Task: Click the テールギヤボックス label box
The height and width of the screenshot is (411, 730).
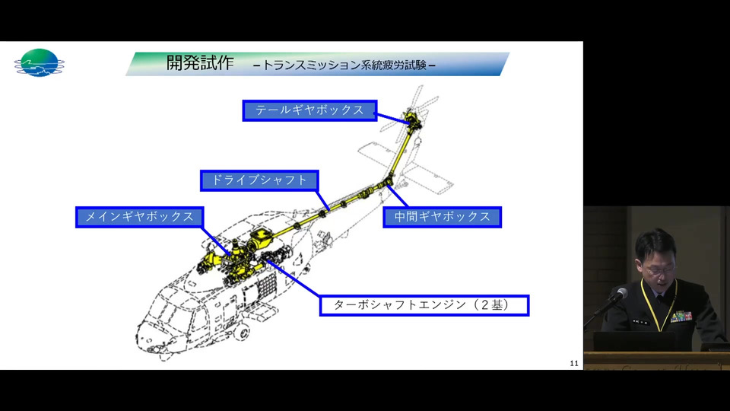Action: tap(309, 110)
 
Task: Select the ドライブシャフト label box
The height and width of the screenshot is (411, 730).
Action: tap(259, 180)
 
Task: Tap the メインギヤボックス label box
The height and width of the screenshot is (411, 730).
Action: tap(140, 217)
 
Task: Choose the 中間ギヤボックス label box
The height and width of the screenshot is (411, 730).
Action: tap(443, 217)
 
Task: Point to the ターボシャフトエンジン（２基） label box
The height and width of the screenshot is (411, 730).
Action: tap(424, 305)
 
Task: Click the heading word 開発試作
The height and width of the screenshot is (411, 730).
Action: tap(200, 63)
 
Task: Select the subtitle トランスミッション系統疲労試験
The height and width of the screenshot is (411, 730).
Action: tap(344, 65)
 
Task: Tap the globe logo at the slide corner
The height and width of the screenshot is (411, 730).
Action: tap(39, 63)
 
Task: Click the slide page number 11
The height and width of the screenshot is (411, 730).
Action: tap(574, 363)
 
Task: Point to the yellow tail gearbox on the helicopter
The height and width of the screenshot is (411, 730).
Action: tap(412, 119)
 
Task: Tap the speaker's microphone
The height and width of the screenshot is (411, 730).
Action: tap(618, 295)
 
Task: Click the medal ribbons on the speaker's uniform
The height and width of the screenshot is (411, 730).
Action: tap(681, 317)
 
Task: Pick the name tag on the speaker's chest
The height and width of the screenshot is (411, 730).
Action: tap(640, 321)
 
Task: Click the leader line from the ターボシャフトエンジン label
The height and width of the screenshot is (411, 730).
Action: tap(294, 278)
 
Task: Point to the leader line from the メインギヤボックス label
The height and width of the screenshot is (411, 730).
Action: tap(217, 241)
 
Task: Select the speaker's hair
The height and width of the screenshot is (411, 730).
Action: tap(655, 242)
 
